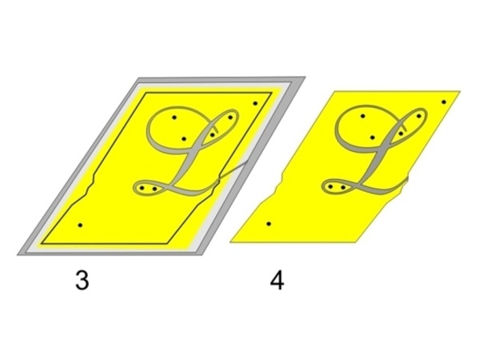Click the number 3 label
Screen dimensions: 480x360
82,281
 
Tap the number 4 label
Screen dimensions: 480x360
277,281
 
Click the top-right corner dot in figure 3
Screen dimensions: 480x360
255,103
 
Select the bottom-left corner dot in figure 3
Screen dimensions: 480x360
80,226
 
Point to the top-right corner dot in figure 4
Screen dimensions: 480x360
444,102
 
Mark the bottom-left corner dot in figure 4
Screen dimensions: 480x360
269,224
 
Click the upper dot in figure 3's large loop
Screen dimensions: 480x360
174,118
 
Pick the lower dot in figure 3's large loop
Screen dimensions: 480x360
184,139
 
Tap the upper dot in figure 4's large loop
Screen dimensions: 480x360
362,116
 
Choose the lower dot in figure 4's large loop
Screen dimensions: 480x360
372,138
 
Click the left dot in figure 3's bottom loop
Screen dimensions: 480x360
142,188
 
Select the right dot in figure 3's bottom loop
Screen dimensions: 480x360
154,189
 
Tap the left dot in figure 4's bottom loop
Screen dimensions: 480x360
330,186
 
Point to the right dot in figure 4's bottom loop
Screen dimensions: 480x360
343,188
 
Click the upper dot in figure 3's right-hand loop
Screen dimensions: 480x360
230,118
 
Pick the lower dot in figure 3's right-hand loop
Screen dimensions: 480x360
213,135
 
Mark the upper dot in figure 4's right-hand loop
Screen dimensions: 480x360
418,116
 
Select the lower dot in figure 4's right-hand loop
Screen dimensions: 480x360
401,134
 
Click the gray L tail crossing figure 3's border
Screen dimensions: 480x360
233,170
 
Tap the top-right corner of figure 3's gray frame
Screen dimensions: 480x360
305,77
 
